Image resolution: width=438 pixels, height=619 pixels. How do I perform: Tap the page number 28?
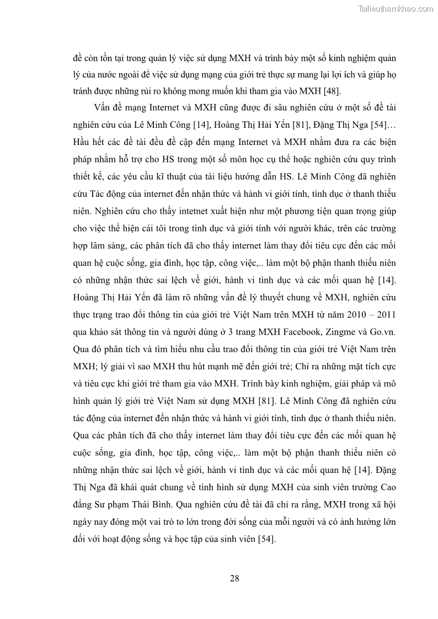pyautogui.click(x=234, y=578)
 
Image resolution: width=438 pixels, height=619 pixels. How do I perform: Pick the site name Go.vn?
pyautogui.click(x=380, y=332)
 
